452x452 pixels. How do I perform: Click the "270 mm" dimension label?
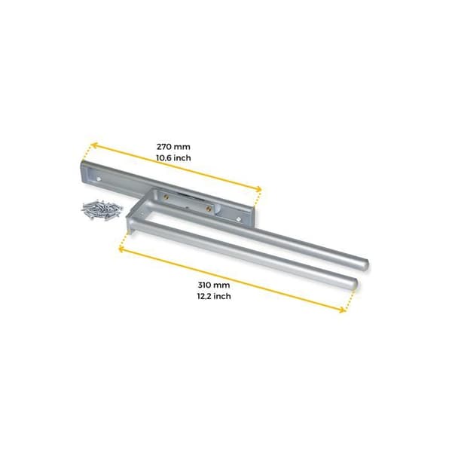point(173,147)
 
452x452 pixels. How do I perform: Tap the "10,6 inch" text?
point(173,158)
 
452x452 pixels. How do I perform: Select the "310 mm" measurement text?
point(214,285)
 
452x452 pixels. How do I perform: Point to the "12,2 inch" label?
point(214,296)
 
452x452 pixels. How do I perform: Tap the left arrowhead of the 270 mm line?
point(93,145)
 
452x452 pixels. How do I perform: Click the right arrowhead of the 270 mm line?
point(258,189)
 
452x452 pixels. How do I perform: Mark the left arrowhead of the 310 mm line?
point(122,249)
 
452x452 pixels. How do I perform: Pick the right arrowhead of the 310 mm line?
point(343,310)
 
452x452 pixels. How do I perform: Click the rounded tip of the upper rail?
point(365,265)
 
